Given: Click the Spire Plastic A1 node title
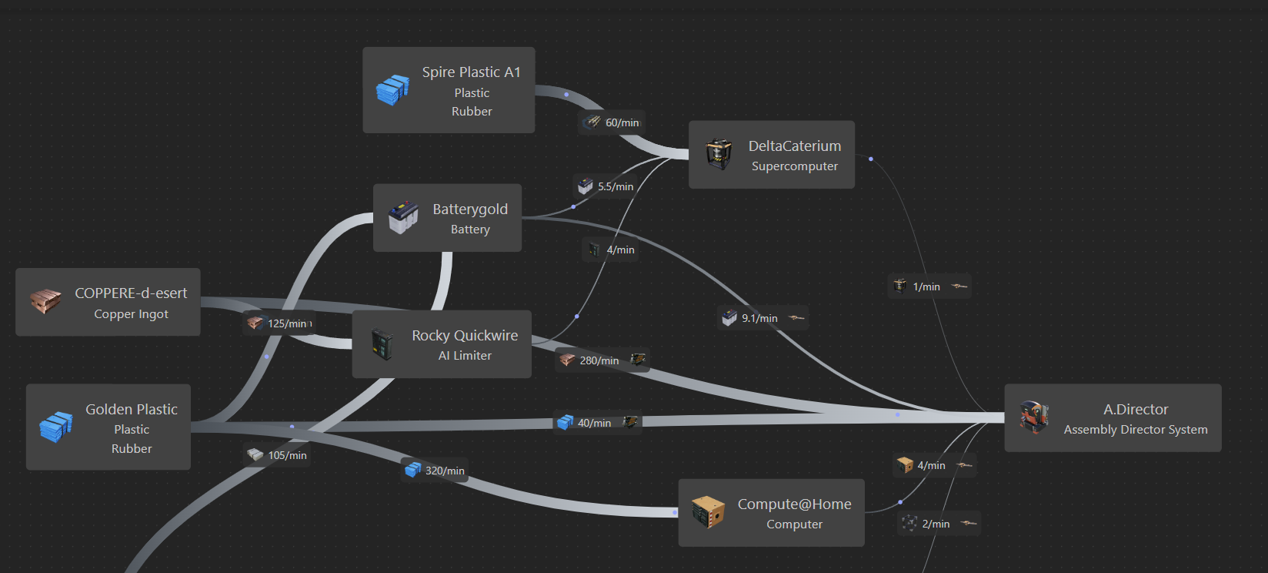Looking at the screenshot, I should pos(471,72).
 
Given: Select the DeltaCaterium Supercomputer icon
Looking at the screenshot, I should pos(719,154).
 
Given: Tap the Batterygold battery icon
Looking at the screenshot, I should pos(403,217).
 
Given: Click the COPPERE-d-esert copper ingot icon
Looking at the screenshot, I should pos(45,301).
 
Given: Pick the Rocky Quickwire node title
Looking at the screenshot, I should pos(465,335).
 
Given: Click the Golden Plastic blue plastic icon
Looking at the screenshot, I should pos(55,427).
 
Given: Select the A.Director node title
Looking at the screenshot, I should pos(1135,409).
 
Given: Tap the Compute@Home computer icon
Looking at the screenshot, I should pos(708,512).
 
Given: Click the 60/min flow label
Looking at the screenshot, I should pos(622,122).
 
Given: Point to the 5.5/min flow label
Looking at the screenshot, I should pos(615,186).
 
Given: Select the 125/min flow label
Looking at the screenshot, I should pos(287,323).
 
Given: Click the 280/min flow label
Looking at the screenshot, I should pos(599,360).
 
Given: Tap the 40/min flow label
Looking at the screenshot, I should pos(594,423).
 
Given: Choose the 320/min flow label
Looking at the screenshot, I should pos(445,471).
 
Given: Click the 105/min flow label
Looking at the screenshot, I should pos(287,455).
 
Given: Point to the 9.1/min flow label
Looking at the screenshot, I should pos(759,318).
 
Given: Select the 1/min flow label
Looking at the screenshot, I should pos(926,286).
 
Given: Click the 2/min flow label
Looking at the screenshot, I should pos(936,524).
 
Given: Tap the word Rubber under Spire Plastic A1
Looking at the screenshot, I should pos(472,112).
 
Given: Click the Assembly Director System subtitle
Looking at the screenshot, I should pos(1135,430).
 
